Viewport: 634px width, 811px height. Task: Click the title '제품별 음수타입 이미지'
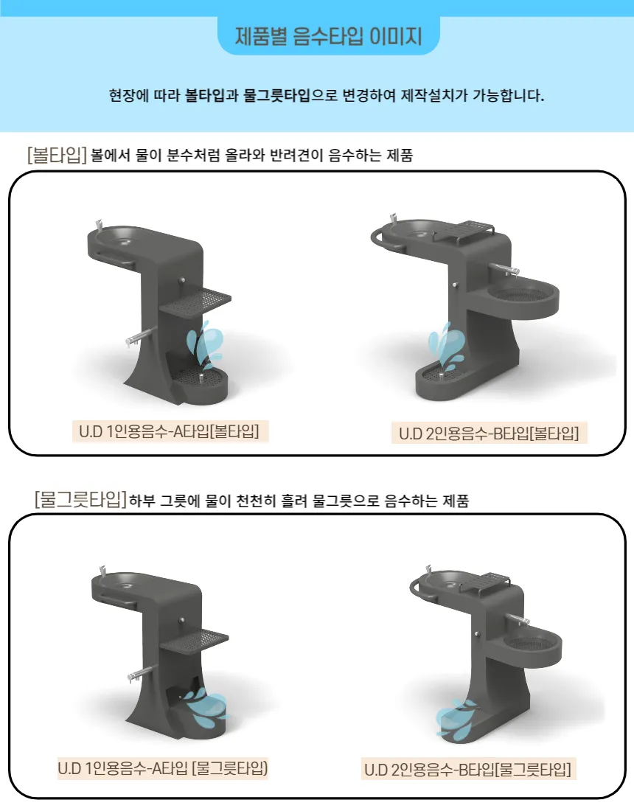click(x=328, y=36)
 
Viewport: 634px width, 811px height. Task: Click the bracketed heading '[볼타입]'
click(x=57, y=155)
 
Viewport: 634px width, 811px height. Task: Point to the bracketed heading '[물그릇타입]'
click(x=80, y=500)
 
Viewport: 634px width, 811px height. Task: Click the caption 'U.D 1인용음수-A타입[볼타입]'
click(x=170, y=431)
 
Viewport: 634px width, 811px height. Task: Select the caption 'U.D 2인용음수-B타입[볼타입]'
click(x=489, y=433)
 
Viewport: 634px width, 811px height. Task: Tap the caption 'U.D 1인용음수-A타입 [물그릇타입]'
click(x=163, y=768)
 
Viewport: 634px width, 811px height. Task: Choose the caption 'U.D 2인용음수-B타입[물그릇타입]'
click(x=467, y=769)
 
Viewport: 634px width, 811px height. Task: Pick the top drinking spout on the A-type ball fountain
click(x=99, y=226)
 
